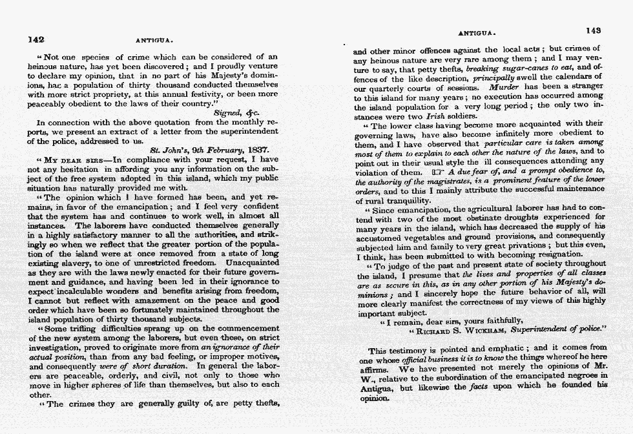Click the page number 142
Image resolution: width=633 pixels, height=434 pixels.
coord(36,39)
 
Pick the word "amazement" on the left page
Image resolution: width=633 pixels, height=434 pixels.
coord(165,300)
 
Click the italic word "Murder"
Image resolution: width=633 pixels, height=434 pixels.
coord(504,86)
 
